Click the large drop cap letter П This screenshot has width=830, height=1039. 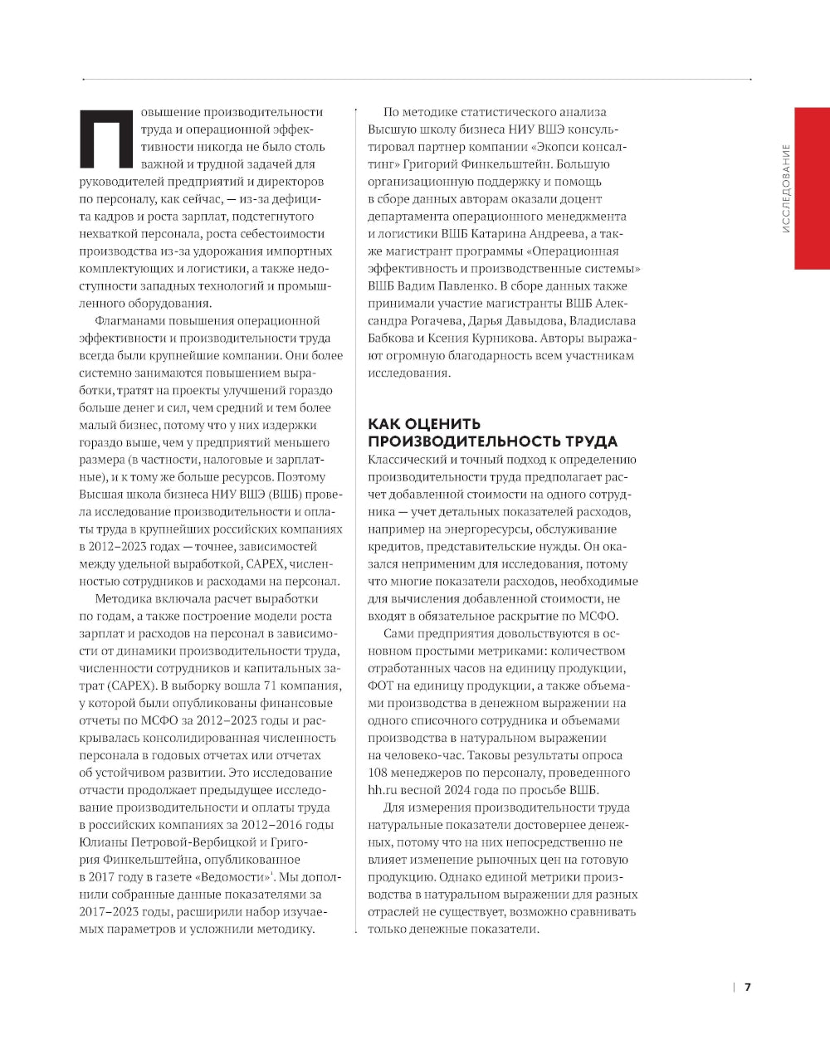pyautogui.click(x=104, y=138)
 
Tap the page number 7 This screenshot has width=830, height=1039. pyautogui.click(x=747, y=987)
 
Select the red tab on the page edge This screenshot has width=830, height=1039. pyautogui.click(x=812, y=188)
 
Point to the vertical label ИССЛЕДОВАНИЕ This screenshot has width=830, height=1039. pyautogui.click(x=785, y=188)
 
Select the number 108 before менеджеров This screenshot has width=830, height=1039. pyautogui.click(x=379, y=773)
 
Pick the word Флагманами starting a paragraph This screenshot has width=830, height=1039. pyautogui.click(x=129, y=321)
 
